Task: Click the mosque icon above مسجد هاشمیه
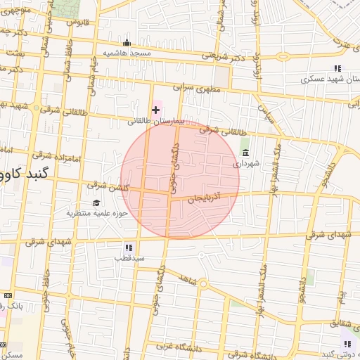pyautogui.click(x=127, y=42)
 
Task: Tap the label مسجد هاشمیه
pyautogui.click(x=127, y=53)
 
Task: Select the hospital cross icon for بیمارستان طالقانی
pyautogui.click(x=155, y=110)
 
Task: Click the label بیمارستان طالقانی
pyautogui.click(x=155, y=121)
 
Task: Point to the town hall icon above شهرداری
pyautogui.click(x=245, y=152)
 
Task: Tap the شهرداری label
pyautogui.click(x=247, y=163)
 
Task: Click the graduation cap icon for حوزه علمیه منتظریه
pyautogui.click(x=96, y=202)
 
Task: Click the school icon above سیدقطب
pyautogui.click(x=129, y=247)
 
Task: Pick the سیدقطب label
pyautogui.click(x=130, y=258)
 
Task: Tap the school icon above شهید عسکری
pyautogui.click(x=337, y=69)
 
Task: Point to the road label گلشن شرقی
pyautogui.click(x=106, y=186)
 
